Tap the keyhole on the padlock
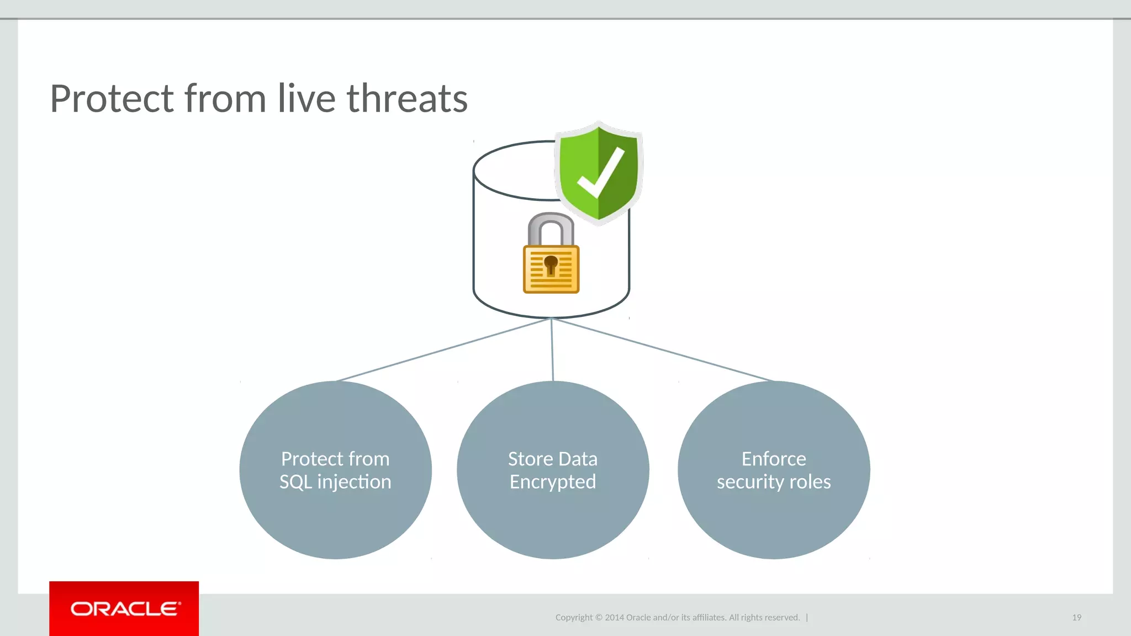[551, 264]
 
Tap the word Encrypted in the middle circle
[553, 482]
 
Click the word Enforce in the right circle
[774, 459]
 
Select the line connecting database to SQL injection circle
[442, 350]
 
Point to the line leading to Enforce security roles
[663, 350]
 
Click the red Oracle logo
[124, 608]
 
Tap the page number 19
[1076, 617]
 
